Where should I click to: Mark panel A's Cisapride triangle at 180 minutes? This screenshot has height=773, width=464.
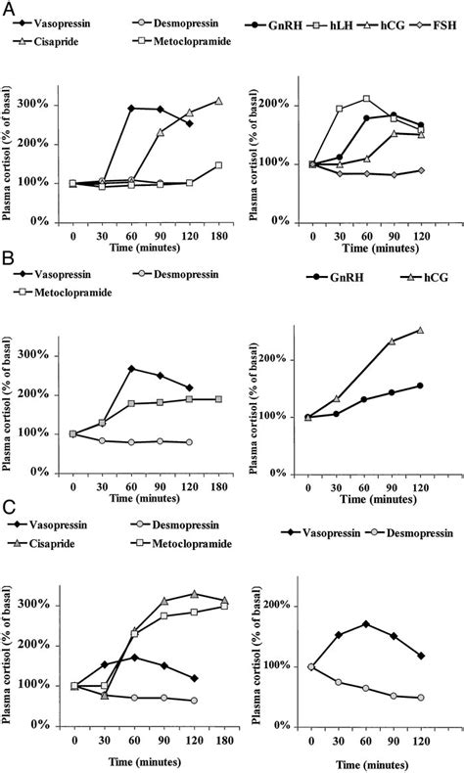click(218, 101)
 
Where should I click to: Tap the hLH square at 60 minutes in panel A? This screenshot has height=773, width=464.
click(366, 99)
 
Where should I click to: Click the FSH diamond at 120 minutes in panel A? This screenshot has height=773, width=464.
click(421, 170)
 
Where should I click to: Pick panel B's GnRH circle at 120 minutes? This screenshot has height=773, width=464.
click(421, 386)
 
